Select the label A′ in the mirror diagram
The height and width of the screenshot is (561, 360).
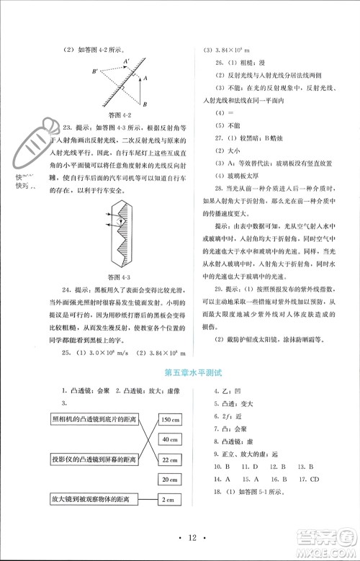127,63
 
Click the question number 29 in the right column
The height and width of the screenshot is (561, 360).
209,288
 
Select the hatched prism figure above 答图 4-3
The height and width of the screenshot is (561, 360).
119,234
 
